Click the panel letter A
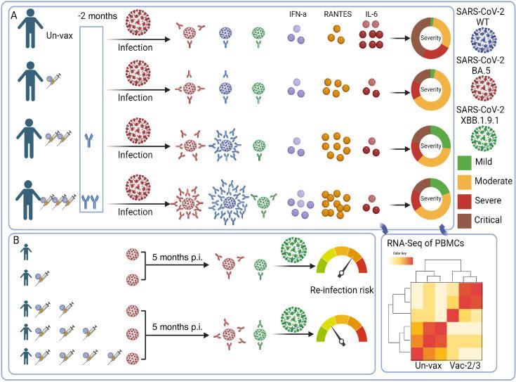click(x=14, y=13)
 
